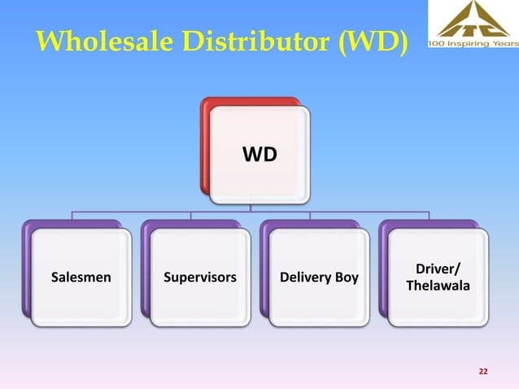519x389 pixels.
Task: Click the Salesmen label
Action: [x=81, y=278]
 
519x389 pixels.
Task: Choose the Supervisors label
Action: [x=200, y=278]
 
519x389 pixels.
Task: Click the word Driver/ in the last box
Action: [x=438, y=269]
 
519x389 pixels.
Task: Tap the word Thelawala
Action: [x=438, y=286]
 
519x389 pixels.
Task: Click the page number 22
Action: [x=483, y=371]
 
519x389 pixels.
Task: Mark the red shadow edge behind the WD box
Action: [x=207, y=146]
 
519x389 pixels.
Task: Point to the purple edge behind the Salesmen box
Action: [x=27, y=269]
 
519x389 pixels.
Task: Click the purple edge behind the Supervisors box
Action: [x=146, y=269]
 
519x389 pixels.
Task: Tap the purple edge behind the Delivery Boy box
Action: [x=264, y=269]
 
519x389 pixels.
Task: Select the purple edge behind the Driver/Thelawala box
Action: [x=383, y=269]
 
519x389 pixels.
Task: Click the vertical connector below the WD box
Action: [x=251, y=207]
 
